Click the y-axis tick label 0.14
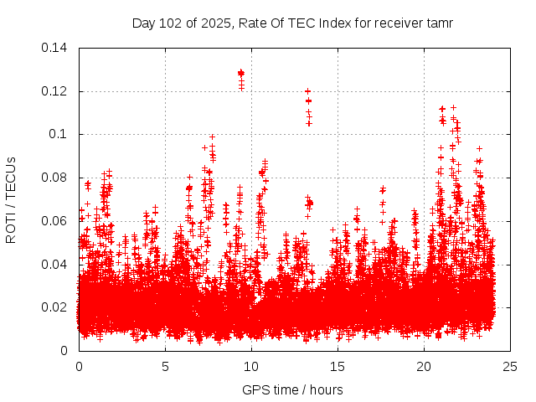click(x=56, y=48)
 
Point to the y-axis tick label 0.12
click(x=56, y=91)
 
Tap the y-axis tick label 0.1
click(x=59, y=134)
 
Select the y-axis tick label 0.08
click(x=56, y=178)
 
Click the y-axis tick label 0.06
click(x=56, y=221)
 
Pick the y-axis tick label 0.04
click(x=56, y=265)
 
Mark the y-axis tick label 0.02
click(x=56, y=307)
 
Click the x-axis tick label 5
click(x=166, y=367)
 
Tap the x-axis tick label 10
click(x=252, y=367)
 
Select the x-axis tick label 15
click(x=338, y=367)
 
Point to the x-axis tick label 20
click(x=425, y=367)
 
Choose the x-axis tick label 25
click(x=511, y=367)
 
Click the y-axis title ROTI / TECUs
click(x=12, y=199)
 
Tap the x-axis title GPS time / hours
click(x=292, y=389)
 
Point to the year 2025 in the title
click(x=214, y=23)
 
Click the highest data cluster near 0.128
click(x=241, y=74)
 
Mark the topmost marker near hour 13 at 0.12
click(x=308, y=90)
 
